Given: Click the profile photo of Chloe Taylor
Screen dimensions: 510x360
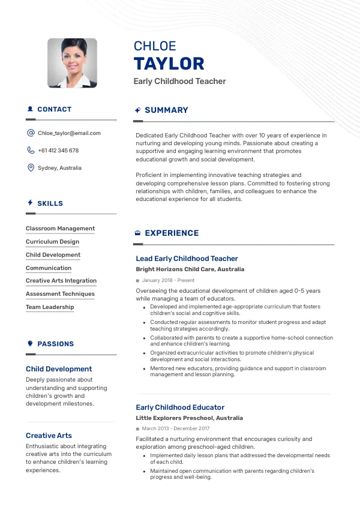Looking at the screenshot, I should [x=72, y=63].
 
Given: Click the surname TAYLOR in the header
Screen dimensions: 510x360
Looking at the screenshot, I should [x=169, y=64].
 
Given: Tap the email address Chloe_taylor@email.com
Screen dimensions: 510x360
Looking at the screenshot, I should [x=69, y=133].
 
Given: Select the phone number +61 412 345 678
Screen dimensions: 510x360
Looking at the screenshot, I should [x=58, y=151].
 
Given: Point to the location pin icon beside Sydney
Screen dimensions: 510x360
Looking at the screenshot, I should [x=31, y=168].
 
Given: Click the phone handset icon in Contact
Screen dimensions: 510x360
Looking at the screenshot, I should [x=31, y=151].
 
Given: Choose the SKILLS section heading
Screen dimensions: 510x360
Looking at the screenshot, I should [x=50, y=203].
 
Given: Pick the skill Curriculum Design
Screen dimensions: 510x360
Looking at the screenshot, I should [x=52, y=242].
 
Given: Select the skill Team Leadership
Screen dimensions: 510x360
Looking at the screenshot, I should [x=50, y=307].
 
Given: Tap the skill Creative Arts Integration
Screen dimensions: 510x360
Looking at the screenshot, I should [x=61, y=281].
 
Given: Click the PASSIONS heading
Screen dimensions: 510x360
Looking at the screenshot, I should [x=55, y=344].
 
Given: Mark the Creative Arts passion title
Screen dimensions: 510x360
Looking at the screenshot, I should [x=49, y=436].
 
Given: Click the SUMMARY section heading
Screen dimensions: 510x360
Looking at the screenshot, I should [x=166, y=110].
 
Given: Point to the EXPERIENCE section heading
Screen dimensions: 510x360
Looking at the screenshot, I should [x=172, y=233].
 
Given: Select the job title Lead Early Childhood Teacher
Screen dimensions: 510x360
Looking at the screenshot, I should [x=187, y=259].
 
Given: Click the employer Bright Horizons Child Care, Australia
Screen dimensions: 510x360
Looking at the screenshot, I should [x=190, y=270].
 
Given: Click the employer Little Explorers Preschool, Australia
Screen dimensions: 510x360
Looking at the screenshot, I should [x=189, y=418].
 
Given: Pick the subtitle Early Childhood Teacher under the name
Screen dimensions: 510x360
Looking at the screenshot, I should [x=179, y=82].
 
